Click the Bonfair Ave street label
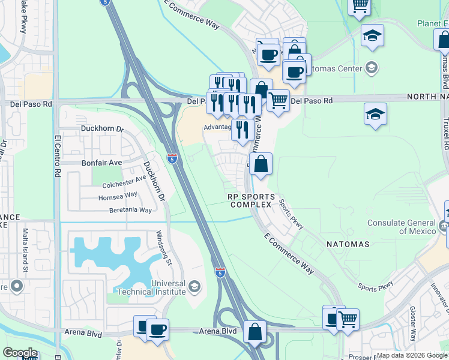(101, 163)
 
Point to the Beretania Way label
(130, 210)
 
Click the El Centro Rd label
(58, 155)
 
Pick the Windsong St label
(165, 249)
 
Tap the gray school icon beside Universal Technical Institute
(194, 287)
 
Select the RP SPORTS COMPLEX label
(252, 200)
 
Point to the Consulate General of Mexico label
(402, 227)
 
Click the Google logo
(20, 353)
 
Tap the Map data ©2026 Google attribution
(411, 355)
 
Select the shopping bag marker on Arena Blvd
(255, 332)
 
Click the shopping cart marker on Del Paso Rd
(278, 101)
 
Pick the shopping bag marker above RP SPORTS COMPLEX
(261, 164)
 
